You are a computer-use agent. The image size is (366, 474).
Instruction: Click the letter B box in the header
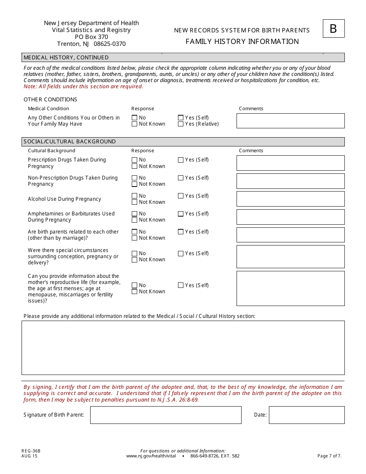[333, 29]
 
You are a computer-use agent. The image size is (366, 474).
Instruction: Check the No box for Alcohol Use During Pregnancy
[134, 196]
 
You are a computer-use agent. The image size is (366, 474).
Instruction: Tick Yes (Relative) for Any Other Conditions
[181, 124]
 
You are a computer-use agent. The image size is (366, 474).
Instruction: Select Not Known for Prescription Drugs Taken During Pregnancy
[134, 166]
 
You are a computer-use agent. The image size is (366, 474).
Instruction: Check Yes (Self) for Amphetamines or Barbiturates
[181, 213]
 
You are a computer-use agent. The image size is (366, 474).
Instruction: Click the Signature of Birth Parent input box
[166, 415]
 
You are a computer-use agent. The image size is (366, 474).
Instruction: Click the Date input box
[306, 415]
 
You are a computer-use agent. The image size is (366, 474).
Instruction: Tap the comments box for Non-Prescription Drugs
[290, 181]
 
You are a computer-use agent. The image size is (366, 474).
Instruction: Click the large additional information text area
[183, 348]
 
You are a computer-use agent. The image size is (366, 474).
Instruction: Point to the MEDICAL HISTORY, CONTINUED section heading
[66, 57]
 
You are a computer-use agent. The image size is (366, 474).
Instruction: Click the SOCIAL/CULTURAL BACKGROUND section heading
[70, 141]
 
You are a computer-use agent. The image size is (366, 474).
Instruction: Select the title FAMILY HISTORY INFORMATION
[242, 42]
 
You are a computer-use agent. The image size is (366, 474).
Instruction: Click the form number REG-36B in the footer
[31, 451]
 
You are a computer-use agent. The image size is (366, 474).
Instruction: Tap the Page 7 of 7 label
[329, 456]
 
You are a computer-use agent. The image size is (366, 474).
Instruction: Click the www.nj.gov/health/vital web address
[151, 456]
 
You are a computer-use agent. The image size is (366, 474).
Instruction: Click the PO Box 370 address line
[91, 37]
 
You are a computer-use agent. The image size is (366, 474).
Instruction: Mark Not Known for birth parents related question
[134, 238]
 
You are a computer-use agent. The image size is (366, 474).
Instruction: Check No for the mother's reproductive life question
[134, 285]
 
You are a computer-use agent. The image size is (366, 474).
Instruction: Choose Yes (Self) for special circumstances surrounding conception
[181, 254]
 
